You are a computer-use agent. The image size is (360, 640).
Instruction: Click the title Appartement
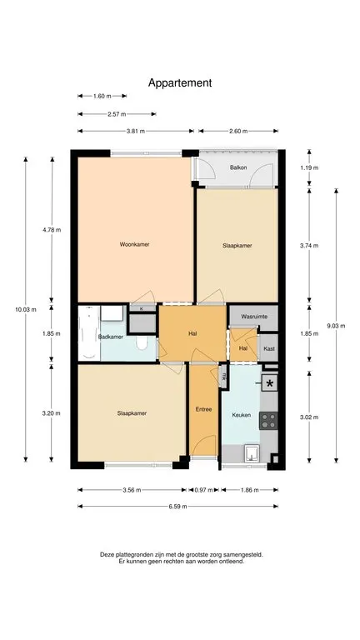click(x=180, y=83)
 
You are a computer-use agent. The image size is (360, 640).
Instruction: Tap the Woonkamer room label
click(x=134, y=244)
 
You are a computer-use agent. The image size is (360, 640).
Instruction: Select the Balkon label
click(x=238, y=167)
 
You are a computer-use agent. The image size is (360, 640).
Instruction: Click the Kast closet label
click(x=268, y=349)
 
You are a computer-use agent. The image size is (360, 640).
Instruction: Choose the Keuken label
click(x=241, y=415)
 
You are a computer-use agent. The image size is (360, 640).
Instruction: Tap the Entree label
click(x=203, y=409)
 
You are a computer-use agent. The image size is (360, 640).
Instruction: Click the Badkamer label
click(x=111, y=337)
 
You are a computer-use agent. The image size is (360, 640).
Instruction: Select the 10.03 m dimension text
click(x=26, y=309)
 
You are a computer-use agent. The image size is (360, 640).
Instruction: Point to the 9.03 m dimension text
click(x=337, y=326)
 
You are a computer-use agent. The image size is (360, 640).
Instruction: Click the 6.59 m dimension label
click(x=177, y=507)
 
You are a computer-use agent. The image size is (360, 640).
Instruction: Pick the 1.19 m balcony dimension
click(x=309, y=167)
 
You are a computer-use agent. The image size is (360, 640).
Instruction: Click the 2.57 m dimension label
click(x=117, y=114)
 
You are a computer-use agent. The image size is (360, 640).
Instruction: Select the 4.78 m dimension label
click(x=52, y=230)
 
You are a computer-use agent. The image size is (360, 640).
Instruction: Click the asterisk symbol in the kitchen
click(x=269, y=383)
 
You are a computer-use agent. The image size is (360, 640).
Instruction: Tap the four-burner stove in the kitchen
click(x=268, y=420)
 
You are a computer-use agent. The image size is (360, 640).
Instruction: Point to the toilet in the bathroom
click(x=142, y=343)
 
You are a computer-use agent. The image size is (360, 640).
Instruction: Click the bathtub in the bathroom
click(x=88, y=332)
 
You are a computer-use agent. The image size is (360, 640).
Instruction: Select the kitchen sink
click(x=252, y=453)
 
